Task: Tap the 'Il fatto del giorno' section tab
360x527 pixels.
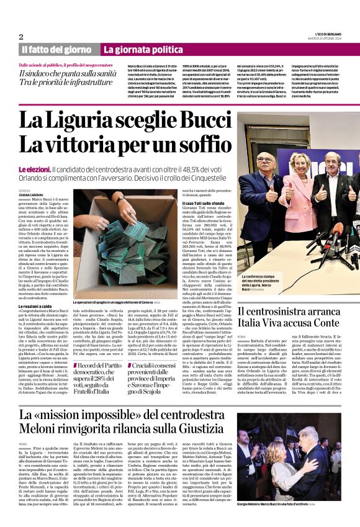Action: click(56, 49)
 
